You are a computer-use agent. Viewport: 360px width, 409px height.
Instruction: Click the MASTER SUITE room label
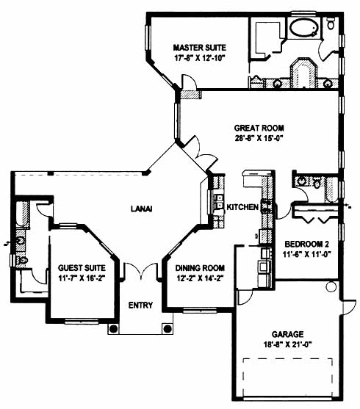[200, 48]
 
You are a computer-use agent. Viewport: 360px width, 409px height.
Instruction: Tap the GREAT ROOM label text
[259, 128]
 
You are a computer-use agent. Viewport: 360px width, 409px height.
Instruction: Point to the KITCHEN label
[242, 207]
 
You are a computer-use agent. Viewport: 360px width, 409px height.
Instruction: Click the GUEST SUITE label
[82, 268]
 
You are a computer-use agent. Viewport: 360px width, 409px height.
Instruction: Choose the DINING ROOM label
[200, 268]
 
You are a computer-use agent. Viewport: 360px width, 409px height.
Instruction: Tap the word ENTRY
[140, 305]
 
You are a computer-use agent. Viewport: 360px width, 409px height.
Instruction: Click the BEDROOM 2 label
[307, 244]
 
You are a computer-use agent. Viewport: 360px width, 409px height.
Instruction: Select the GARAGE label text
[288, 334]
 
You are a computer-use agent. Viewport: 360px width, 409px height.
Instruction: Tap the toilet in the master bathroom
[331, 23]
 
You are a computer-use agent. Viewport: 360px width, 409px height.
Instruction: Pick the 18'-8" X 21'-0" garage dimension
[288, 344]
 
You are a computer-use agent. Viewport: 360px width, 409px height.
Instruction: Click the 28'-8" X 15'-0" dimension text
[259, 138]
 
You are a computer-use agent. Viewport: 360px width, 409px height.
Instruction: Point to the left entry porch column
[113, 329]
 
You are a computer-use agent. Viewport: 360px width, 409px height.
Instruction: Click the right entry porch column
[167, 329]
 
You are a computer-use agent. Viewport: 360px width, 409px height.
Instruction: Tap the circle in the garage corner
[331, 286]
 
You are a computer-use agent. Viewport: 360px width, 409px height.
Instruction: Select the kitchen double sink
[219, 201]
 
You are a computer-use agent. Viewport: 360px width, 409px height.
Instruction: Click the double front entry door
[141, 271]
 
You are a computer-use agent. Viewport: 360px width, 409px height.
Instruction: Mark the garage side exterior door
[348, 308]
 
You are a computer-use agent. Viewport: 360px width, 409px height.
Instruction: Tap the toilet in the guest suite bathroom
[22, 260]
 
